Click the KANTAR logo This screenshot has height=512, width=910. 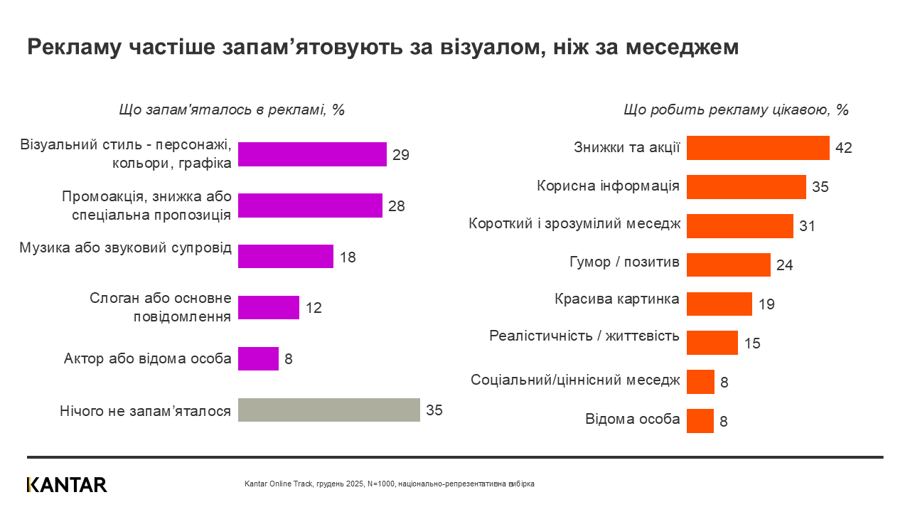point(67,485)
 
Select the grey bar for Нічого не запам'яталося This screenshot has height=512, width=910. point(328,410)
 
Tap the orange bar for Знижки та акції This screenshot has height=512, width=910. point(758,148)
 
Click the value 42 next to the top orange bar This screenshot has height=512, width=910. point(843,148)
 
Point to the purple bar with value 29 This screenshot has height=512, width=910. point(312,154)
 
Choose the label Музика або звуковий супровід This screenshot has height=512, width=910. point(125,248)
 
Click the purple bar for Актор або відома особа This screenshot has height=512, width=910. point(258,358)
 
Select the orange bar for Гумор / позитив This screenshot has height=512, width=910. point(728,265)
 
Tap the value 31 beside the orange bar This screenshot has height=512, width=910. point(806,226)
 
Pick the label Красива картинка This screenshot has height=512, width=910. point(616,299)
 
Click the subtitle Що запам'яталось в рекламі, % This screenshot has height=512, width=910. point(231,110)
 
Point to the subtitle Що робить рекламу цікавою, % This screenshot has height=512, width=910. point(736,110)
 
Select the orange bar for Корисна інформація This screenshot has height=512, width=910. point(746,187)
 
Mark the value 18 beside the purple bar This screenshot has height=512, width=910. point(347,257)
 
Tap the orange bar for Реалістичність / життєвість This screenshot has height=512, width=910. point(712,342)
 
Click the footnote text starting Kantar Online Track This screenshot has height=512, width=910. point(389,484)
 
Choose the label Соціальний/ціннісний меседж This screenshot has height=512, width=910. point(575,380)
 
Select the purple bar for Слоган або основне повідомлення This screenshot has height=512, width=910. point(269,308)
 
